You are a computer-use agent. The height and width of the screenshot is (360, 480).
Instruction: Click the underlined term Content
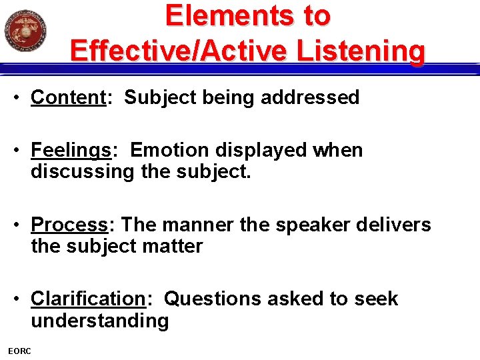click(x=69, y=97)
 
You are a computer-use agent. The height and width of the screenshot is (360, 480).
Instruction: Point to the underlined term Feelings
click(x=71, y=151)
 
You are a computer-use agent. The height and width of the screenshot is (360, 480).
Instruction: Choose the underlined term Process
click(x=69, y=225)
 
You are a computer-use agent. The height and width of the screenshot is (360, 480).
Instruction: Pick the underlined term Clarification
click(x=88, y=299)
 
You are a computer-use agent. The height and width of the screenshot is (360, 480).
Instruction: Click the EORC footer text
click(x=19, y=351)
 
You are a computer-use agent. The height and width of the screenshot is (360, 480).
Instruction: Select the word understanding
click(x=100, y=321)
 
